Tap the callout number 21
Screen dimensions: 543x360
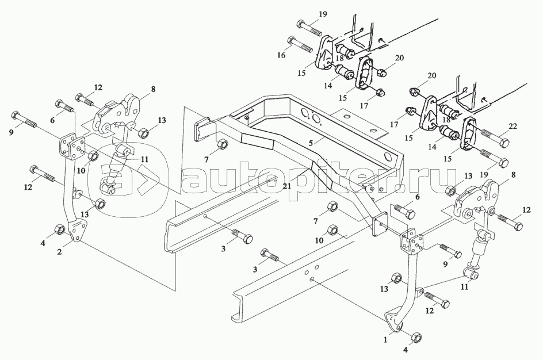tap(286, 186)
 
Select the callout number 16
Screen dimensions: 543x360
tap(281, 55)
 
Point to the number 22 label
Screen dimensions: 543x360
tap(513, 127)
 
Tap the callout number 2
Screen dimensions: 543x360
tap(59, 252)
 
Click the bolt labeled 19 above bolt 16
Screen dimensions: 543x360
tap(309, 28)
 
